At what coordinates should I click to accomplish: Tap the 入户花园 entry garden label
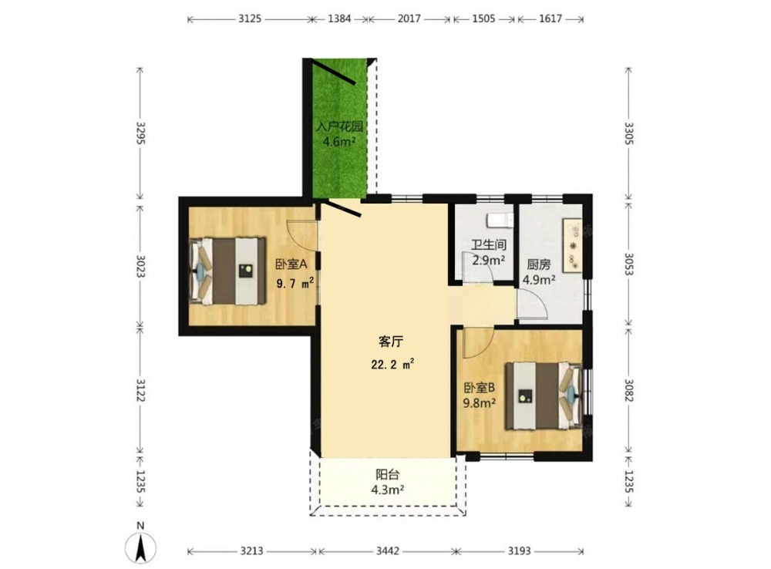339,126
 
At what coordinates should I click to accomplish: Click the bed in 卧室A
227,271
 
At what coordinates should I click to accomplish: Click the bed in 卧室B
544,396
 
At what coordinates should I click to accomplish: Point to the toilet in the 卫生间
500,221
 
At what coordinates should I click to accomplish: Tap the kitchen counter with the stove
572,245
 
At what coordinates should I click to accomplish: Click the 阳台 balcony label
388,475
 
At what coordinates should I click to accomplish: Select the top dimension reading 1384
340,19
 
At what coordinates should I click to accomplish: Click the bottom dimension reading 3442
389,550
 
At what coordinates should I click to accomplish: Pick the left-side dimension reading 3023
140,266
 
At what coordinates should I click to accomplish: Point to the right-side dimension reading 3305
629,133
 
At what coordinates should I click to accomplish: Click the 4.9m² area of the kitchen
539,280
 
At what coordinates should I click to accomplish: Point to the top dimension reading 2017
409,19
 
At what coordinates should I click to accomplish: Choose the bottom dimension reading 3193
519,550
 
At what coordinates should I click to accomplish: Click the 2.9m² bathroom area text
489,260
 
